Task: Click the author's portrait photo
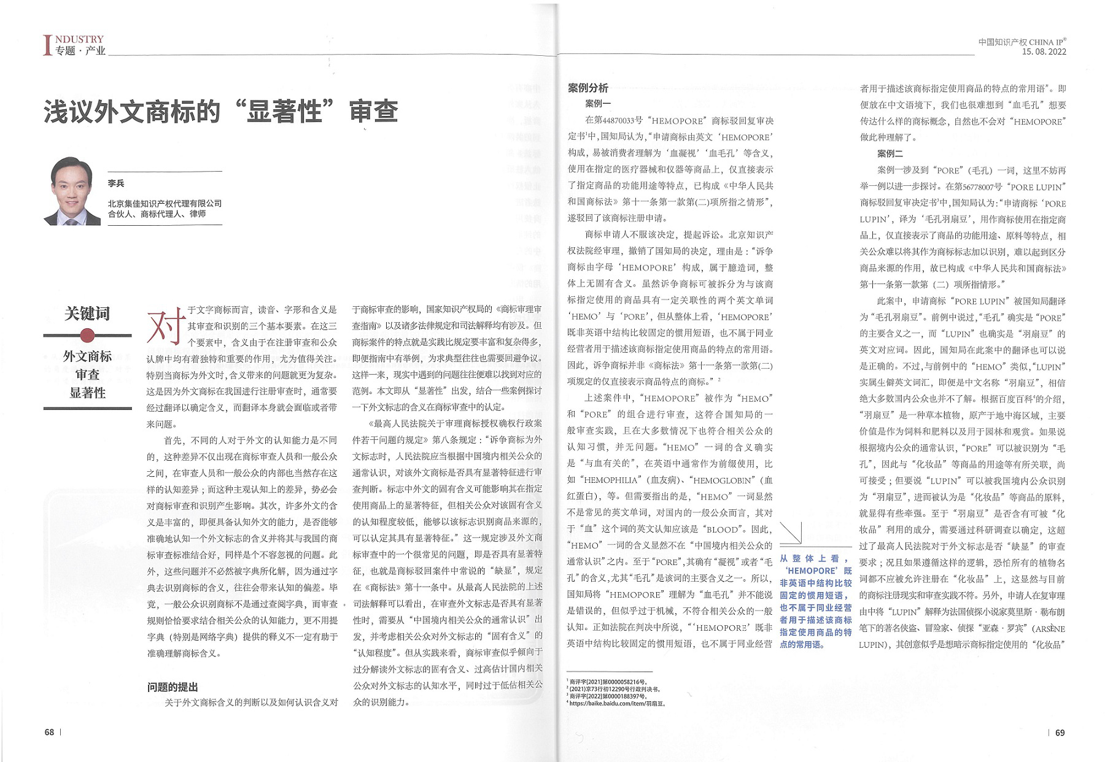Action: point(72,191)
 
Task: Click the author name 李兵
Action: point(116,183)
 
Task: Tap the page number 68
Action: point(49,732)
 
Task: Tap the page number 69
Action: point(1060,733)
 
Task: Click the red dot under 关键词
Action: point(87,335)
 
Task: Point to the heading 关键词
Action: point(87,314)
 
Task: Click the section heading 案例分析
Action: point(588,88)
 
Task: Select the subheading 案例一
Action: point(598,104)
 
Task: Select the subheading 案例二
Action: point(890,153)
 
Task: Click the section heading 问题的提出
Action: point(173,687)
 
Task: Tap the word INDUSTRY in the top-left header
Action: point(79,40)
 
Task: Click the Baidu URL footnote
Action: point(617,703)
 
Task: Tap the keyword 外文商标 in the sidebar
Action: point(87,356)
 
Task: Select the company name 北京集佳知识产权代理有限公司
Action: point(165,203)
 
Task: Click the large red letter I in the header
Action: point(47,45)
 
